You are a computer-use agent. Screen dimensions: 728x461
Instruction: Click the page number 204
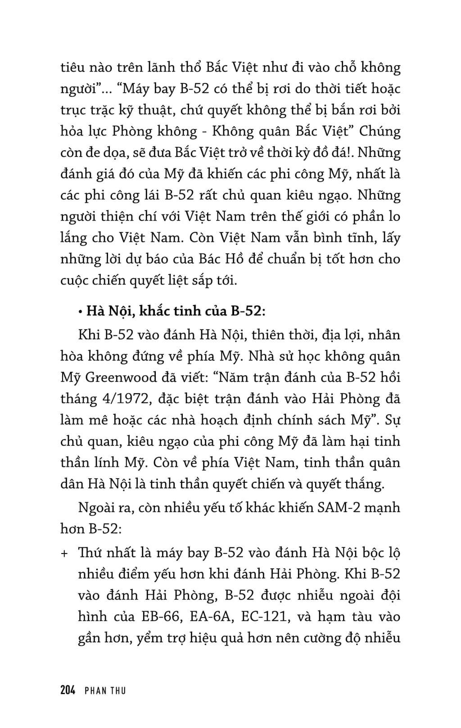tap(68, 690)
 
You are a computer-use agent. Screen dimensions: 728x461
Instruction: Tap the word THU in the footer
tap(118, 690)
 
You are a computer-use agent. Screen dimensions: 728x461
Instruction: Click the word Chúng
tap(380, 132)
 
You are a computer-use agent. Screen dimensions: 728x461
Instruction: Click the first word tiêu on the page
tap(73, 68)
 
